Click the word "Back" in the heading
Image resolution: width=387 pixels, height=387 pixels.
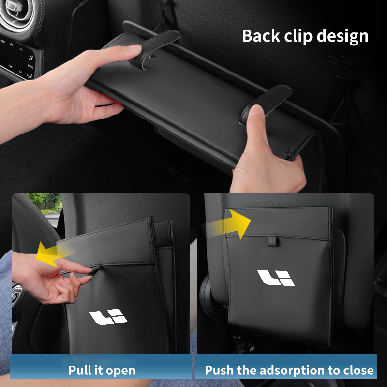click(x=261, y=36)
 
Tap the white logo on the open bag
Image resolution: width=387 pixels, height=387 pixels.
click(x=108, y=317)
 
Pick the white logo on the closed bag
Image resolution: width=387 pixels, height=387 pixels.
click(x=276, y=278)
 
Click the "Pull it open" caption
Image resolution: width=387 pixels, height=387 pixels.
click(x=102, y=370)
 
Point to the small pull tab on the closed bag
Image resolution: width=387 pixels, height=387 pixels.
click(x=272, y=241)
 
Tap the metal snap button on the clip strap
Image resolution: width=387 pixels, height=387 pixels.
click(x=152, y=56)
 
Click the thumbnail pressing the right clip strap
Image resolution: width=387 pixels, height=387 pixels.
click(x=256, y=110)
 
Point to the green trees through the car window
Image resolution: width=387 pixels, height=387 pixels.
click(x=45, y=202)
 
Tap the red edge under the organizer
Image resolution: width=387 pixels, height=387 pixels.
click(x=115, y=101)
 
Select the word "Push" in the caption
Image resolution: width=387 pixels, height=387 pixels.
click(x=219, y=370)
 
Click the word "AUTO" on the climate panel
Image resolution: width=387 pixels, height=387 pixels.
click(x=30, y=66)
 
